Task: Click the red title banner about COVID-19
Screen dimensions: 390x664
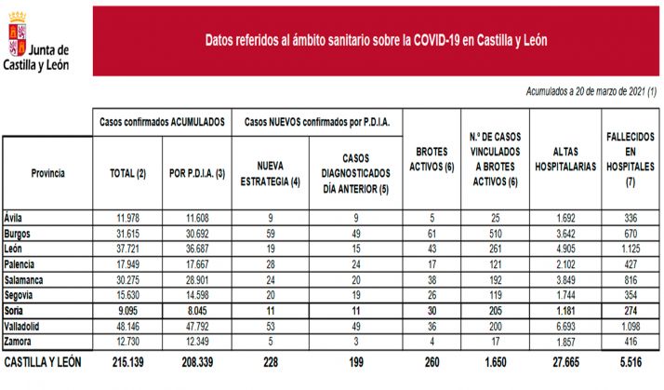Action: [x=376, y=41]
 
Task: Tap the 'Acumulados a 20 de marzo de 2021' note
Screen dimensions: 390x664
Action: [x=591, y=91]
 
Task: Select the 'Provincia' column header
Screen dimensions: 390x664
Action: [x=47, y=173]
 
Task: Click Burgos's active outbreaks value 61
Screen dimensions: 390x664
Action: [x=430, y=234]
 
